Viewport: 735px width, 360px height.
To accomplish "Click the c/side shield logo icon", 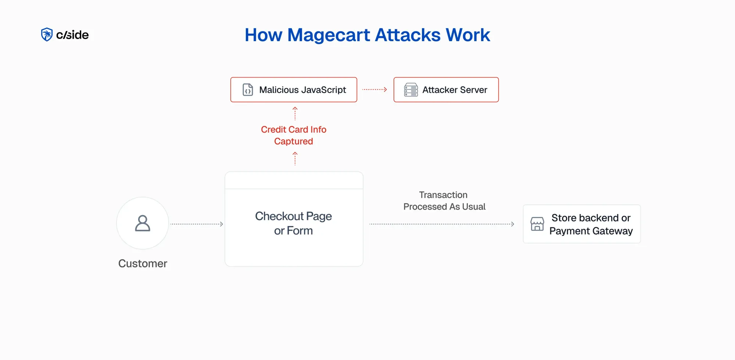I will [47, 35].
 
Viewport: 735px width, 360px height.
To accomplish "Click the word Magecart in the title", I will [329, 35].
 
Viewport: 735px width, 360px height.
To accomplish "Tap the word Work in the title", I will [468, 35].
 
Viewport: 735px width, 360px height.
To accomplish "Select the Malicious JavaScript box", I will [294, 90].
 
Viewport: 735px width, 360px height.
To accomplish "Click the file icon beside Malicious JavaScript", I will [248, 90].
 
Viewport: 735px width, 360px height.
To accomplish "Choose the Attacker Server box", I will [446, 90].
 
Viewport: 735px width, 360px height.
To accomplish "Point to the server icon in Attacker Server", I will [411, 90].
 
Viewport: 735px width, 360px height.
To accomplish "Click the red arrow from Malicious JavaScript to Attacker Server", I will [374, 89].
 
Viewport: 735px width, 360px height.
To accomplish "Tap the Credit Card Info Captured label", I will [294, 135].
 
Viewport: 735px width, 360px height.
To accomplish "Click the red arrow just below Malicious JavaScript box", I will [295, 113].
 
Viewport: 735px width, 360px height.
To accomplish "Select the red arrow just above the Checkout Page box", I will [295, 159].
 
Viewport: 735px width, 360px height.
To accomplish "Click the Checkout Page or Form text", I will [293, 223].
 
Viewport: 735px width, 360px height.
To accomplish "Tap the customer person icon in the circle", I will [143, 223].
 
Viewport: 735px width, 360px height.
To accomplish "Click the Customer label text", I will [143, 263].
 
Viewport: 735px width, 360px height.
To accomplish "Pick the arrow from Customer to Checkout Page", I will [197, 224].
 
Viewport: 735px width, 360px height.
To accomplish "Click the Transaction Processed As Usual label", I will [444, 201].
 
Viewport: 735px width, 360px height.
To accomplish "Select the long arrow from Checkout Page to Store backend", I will [441, 224].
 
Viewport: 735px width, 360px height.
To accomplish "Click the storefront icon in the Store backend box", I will [537, 224].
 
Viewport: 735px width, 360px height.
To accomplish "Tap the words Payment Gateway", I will [591, 231].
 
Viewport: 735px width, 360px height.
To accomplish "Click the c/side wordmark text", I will [72, 35].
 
